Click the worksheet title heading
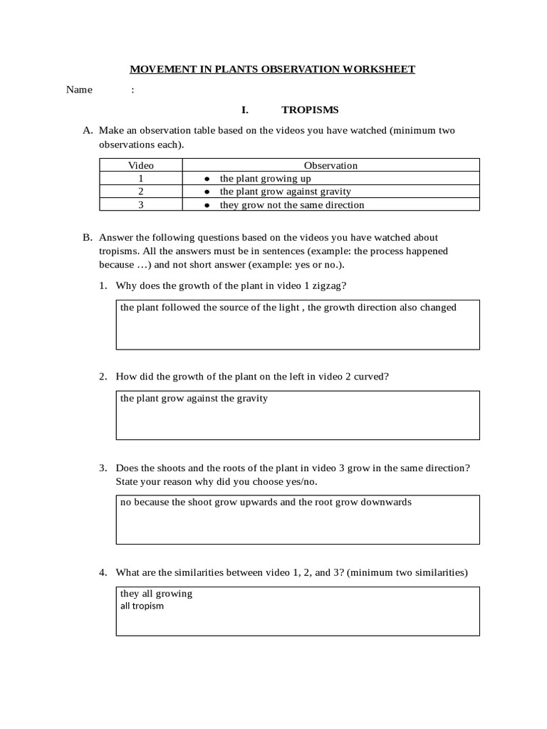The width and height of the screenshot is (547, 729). (272, 69)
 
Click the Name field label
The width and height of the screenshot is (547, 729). (79, 90)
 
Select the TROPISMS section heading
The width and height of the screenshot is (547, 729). (310, 110)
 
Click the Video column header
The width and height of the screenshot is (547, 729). (140, 165)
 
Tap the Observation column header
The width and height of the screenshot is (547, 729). (330, 165)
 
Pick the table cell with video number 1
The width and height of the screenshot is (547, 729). (140, 179)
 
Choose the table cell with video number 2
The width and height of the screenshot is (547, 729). (140, 192)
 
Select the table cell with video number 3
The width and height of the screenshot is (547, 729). (140, 204)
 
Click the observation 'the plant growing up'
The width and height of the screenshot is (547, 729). (265, 179)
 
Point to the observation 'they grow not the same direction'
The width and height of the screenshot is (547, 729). (291, 205)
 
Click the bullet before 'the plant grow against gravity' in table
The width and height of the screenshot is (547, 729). (207, 192)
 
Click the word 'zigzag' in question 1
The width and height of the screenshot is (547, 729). (331, 285)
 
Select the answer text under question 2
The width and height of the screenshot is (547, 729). (194, 399)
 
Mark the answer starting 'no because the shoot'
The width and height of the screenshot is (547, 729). (266, 502)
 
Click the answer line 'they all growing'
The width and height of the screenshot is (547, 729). (157, 594)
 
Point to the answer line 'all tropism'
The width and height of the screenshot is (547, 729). (142, 606)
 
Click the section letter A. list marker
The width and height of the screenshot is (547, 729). (88, 130)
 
